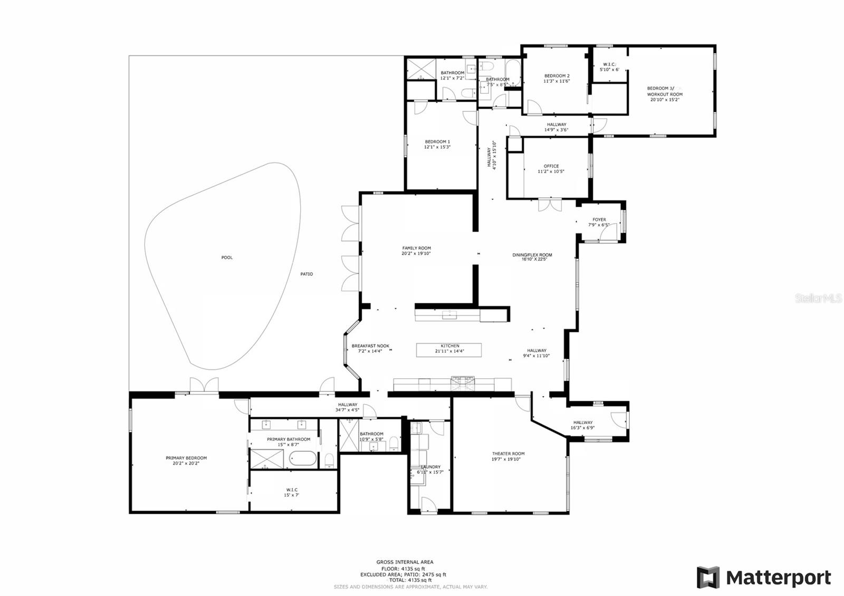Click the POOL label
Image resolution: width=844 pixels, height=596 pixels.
tap(227, 257)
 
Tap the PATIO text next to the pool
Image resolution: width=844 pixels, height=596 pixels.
tap(306, 274)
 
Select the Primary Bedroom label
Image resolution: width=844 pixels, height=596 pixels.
tap(186, 458)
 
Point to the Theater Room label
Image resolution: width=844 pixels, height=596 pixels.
tap(508, 454)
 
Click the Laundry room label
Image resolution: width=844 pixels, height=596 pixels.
tap(430, 467)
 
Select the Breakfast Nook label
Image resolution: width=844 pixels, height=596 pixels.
tap(370, 346)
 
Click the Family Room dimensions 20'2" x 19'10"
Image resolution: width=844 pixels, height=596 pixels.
tap(416, 254)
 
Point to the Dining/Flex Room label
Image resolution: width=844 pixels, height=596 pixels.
tap(532, 255)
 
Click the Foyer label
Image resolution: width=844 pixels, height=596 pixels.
tap(599, 219)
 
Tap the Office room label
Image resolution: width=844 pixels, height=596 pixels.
tap(551, 166)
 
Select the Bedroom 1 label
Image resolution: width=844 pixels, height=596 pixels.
tap(437, 141)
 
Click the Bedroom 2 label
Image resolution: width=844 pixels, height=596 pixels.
tap(557, 76)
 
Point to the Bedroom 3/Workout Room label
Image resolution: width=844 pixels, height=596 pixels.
tap(665, 91)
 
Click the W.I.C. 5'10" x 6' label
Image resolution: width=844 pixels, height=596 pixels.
tap(609, 64)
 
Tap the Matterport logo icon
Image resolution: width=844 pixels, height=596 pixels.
tap(708, 578)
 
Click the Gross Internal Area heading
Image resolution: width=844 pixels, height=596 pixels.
tap(405, 562)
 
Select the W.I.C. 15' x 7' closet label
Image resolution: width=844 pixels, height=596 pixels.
tap(292, 490)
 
